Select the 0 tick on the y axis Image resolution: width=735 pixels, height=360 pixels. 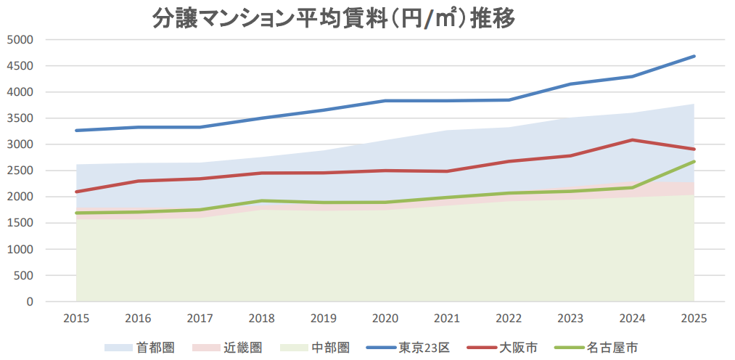[x=30, y=301]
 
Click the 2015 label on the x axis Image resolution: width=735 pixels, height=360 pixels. [x=76, y=318]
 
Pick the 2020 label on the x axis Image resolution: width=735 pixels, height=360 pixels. [x=385, y=318]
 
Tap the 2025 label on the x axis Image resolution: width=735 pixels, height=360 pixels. [x=694, y=318]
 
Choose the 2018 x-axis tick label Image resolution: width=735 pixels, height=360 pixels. [x=262, y=318]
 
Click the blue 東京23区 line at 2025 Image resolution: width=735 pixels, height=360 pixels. [x=694, y=56]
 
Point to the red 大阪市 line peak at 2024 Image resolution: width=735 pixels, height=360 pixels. [x=632, y=140]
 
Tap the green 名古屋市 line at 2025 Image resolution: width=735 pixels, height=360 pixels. [x=694, y=162]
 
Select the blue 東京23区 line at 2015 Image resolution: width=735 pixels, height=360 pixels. [x=76, y=131]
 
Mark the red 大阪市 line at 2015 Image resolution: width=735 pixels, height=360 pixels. [x=76, y=192]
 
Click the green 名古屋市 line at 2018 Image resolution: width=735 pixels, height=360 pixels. [x=262, y=201]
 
